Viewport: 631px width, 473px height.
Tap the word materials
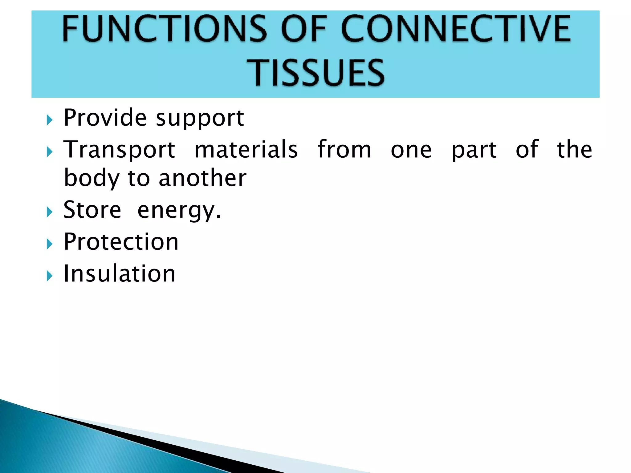pos(246,150)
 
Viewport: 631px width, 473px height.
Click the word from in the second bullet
pos(344,150)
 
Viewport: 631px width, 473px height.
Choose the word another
pos(202,179)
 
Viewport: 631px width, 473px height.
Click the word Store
pos(92,210)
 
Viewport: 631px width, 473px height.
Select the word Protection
pos(121,242)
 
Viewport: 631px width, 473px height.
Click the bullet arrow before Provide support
pos(50,120)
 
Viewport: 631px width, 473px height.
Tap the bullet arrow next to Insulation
pos(50,276)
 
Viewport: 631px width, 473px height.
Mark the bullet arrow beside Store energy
pos(50,212)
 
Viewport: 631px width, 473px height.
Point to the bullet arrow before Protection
pos(50,244)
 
